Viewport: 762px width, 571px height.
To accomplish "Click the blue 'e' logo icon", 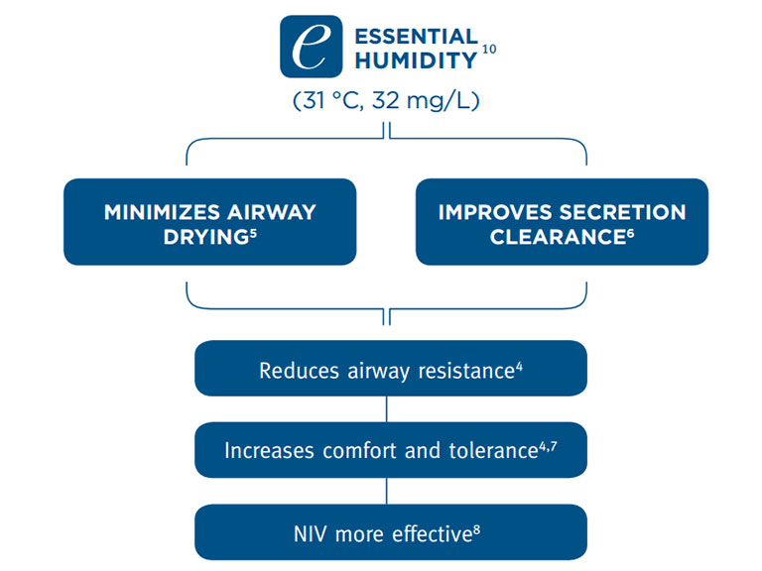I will (x=311, y=47).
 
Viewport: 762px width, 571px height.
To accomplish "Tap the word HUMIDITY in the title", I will (x=401, y=60).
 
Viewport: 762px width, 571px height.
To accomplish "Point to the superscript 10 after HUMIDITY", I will (x=489, y=49).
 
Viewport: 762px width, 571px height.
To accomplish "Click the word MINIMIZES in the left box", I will (x=157, y=212).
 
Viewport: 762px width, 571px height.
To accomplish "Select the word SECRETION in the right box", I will (x=625, y=212).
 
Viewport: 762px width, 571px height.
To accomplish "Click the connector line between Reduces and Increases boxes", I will (x=387, y=408).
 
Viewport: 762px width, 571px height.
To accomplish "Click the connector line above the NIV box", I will (x=387, y=491).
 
